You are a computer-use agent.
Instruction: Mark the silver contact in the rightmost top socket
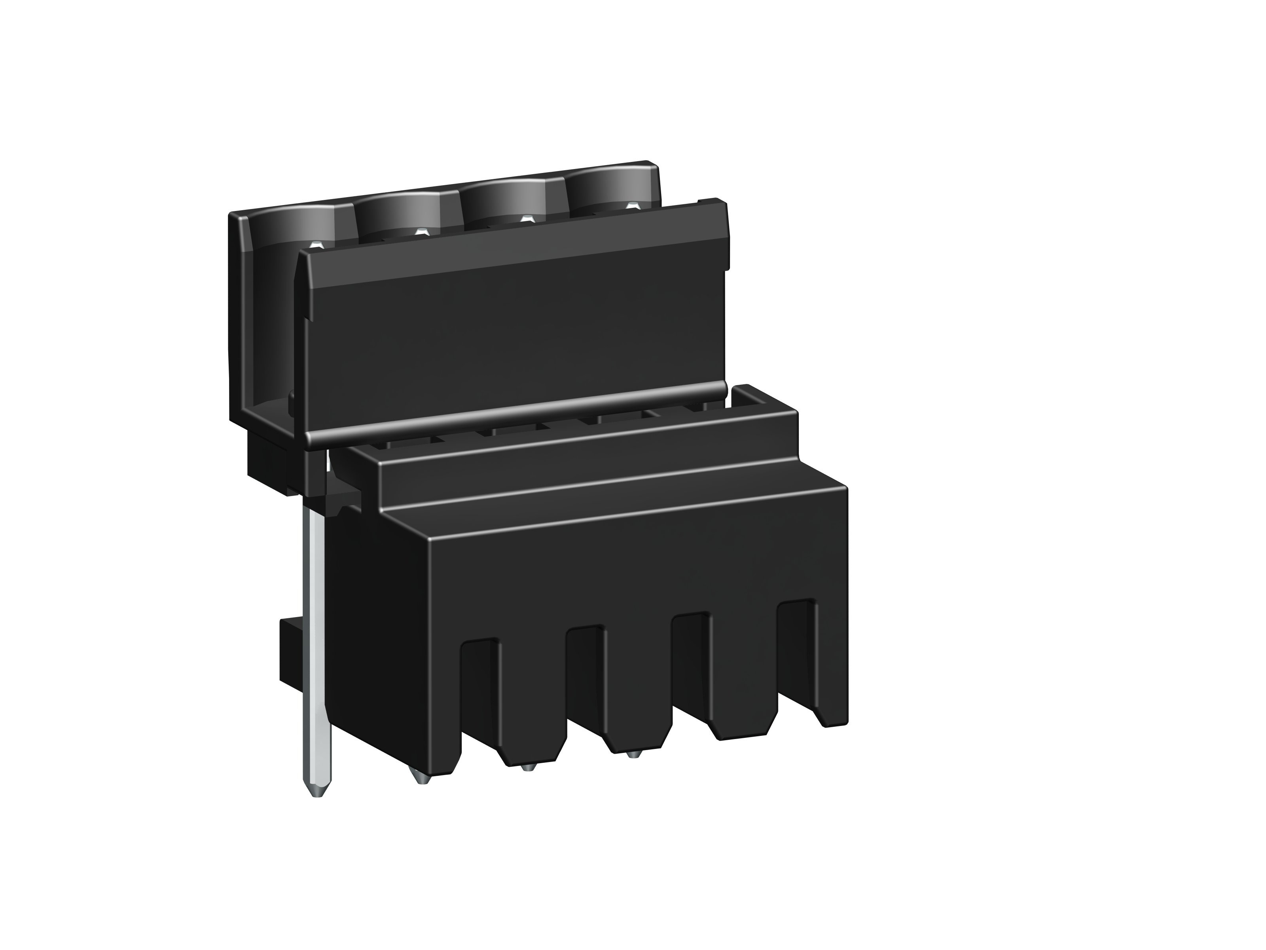pos(632,205)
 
